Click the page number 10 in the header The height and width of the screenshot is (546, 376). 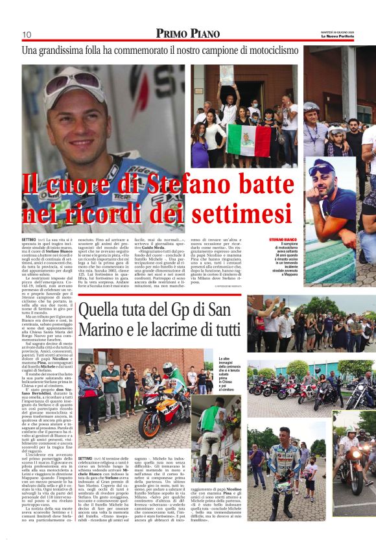click(x=27, y=34)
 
